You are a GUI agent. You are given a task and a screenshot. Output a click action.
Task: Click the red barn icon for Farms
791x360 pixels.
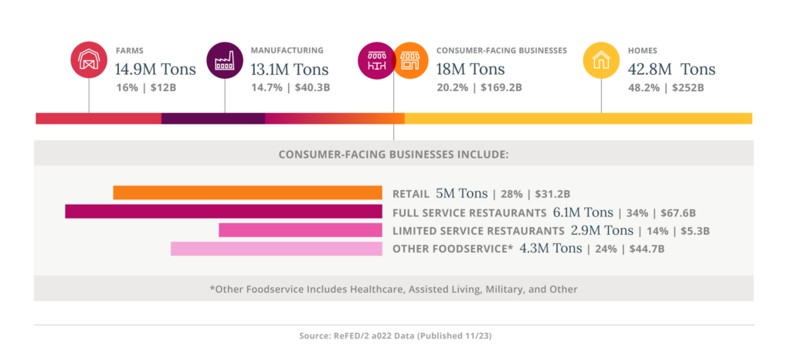(88, 59)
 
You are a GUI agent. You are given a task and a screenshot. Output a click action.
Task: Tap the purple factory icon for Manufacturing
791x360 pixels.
(225, 59)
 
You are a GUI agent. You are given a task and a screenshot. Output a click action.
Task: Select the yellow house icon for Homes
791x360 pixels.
(601, 59)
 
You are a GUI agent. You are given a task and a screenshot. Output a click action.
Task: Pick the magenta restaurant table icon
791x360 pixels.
(376, 59)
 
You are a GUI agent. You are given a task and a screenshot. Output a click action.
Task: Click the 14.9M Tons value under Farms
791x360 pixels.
(155, 70)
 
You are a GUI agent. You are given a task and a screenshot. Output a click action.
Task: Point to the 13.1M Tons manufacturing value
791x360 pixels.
(290, 70)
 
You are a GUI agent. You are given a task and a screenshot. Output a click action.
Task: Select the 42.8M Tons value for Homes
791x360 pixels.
(671, 70)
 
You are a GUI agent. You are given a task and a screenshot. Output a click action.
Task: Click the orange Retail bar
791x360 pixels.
(247, 193)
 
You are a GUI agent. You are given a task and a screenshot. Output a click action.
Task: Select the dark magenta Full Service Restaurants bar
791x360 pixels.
(223, 212)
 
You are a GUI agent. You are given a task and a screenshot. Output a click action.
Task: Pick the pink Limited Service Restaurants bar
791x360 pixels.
(300, 230)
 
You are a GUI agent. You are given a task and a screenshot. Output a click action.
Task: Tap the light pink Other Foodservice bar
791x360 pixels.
(276, 249)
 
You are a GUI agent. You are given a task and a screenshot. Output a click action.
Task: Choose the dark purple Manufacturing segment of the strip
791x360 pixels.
(212, 118)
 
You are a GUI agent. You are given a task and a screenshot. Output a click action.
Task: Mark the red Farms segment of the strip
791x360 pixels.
(98, 118)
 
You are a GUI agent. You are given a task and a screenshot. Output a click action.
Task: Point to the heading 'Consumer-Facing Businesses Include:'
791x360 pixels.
(393, 154)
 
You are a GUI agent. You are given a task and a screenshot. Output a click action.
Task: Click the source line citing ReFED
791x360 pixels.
(393, 337)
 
